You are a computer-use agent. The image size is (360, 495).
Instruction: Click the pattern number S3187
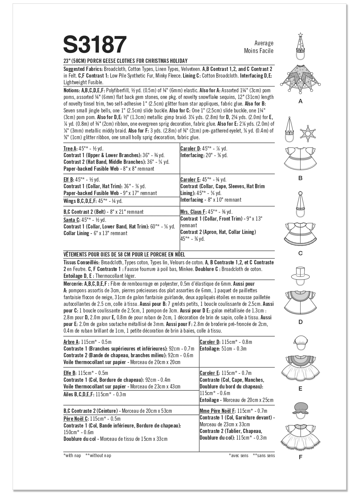click(95, 44)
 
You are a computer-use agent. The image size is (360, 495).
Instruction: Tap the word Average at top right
click(264, 43)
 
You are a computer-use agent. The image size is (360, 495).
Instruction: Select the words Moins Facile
click(259, 51)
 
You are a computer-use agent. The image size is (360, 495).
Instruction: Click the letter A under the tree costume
click(301, 101)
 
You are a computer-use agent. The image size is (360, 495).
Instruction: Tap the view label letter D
click(301, 322)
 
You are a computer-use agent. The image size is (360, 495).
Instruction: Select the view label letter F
click(301, 457)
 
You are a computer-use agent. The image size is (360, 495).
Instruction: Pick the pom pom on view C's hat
click(300, 193)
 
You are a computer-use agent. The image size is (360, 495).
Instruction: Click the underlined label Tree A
click(70, 148)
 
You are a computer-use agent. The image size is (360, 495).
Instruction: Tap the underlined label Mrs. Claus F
click(193, 212)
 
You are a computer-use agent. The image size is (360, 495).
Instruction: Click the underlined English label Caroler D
click(190, 148)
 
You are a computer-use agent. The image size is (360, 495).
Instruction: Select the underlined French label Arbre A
click(71, 342)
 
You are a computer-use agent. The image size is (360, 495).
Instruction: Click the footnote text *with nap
click(72, 455)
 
